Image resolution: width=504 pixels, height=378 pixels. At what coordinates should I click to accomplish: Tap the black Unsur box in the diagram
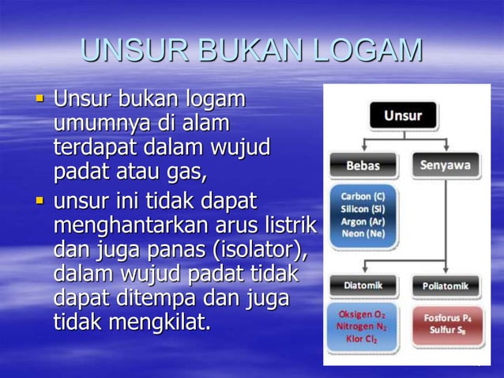[x=403, y=116]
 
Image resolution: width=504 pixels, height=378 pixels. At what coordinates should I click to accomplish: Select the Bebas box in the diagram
[x=363, y=166]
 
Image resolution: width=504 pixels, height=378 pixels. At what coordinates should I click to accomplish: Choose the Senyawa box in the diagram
[x=445, y=165]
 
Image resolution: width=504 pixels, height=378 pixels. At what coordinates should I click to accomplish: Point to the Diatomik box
[x=363, y=285]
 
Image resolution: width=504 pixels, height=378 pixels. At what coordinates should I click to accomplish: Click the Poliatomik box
[x=445, y=285]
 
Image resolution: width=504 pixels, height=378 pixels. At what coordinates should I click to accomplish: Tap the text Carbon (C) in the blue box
[x=363, y=195]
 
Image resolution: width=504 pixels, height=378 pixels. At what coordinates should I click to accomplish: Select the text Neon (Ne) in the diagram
[x=363, y=233]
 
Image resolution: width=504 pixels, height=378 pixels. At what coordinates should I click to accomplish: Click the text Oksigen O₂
[x=363, y=313]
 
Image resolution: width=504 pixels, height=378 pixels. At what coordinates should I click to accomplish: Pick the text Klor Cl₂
[x=363, y=339]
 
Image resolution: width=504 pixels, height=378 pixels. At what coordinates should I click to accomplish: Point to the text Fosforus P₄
[x=446, y=318]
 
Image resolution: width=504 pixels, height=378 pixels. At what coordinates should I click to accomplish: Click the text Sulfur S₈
[x=446, y=330]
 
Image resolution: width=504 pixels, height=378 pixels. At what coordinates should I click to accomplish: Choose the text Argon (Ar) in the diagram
[x=363, y=221]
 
